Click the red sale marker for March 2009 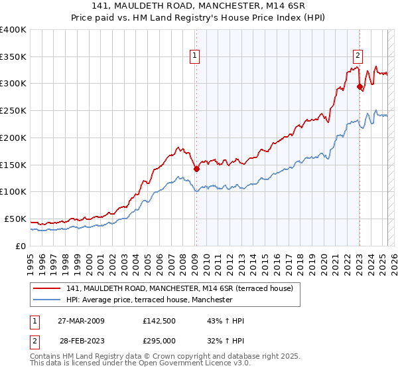tap(196, 169)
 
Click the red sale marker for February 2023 tap(360, 86)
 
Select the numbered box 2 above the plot tap(358, 56)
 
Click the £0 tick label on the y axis tap(21, 246)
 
